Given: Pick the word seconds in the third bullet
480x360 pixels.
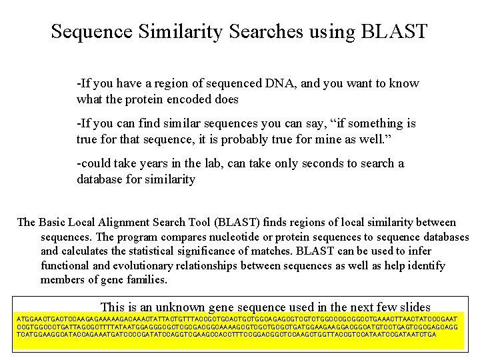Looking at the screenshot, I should (x=322, y=163).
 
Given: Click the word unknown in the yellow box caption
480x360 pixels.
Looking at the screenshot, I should (x=181, y=307).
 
